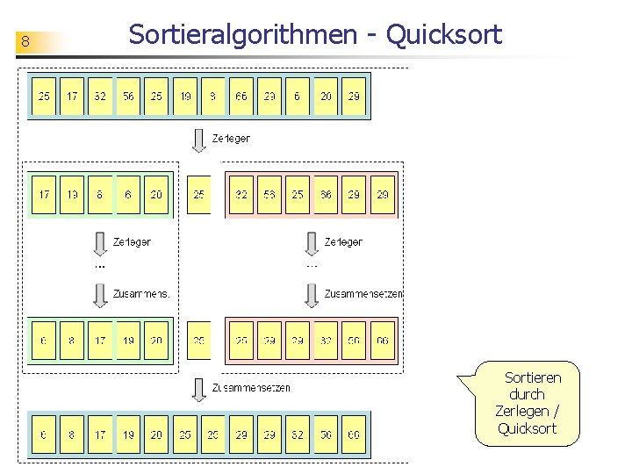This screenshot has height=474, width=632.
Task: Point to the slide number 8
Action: pyautogui.click(x=26, y=42)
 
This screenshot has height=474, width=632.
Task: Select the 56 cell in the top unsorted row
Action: pyautogui.click(x=128, y=96)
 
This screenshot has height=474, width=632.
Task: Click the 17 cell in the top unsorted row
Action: pyautogui.click(x=72, y=96)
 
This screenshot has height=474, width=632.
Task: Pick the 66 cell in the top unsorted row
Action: pyautogui.click(x=241, y=96)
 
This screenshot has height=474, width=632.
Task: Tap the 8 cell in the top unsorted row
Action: pyautogui.click(x=213, y=96)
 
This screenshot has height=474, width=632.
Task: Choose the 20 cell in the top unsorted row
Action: pyautogui.click(x=326, y=96)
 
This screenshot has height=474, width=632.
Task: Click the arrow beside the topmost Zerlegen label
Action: pyautogui.click(x=200, y=140)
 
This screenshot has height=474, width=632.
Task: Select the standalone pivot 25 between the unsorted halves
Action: pyautogui.click(x=199, y=195)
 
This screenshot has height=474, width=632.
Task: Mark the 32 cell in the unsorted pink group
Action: pyautogui.click(x=241, y=195)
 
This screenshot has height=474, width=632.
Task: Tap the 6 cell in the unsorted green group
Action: pyautogui.click(x=128, y=195)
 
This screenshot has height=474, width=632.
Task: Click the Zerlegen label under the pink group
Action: pyautogui.click(x=343, y=241)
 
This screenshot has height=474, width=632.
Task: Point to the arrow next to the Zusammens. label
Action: pyautogui.click(x=101, y=294)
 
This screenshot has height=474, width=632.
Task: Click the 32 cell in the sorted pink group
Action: pyautogui.click(x=326, y=341)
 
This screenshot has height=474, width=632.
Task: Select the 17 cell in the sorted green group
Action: pyautogui.click(x=100, y=341)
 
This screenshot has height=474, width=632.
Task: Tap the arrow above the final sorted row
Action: pyautogui.click(x=200, y=387)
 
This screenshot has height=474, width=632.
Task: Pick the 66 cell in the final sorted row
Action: pyautogui.click(x=354, y=434)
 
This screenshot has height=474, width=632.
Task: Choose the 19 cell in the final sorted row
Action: pyautogui.click(x=128, y=434)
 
